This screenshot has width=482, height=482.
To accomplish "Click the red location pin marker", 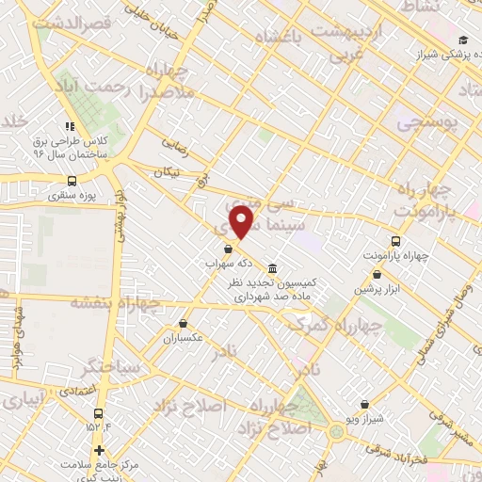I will (243, 222).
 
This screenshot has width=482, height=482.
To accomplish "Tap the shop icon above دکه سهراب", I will (229, 249).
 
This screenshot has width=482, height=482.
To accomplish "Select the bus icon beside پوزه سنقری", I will (72, 183).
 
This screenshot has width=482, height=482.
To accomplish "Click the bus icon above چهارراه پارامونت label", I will (395, 240).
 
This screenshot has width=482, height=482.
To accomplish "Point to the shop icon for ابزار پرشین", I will (378, 274).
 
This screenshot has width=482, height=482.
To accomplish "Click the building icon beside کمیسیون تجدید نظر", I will (273, 266).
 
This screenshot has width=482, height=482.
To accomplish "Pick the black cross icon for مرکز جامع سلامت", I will (99, 451).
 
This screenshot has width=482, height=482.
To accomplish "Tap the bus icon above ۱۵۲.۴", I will (98, 413).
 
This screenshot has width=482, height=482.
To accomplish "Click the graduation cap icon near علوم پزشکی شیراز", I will (462, 39).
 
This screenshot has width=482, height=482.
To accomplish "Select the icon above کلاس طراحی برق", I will (68, 126).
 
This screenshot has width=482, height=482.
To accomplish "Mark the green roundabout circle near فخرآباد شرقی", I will (337, 432).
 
